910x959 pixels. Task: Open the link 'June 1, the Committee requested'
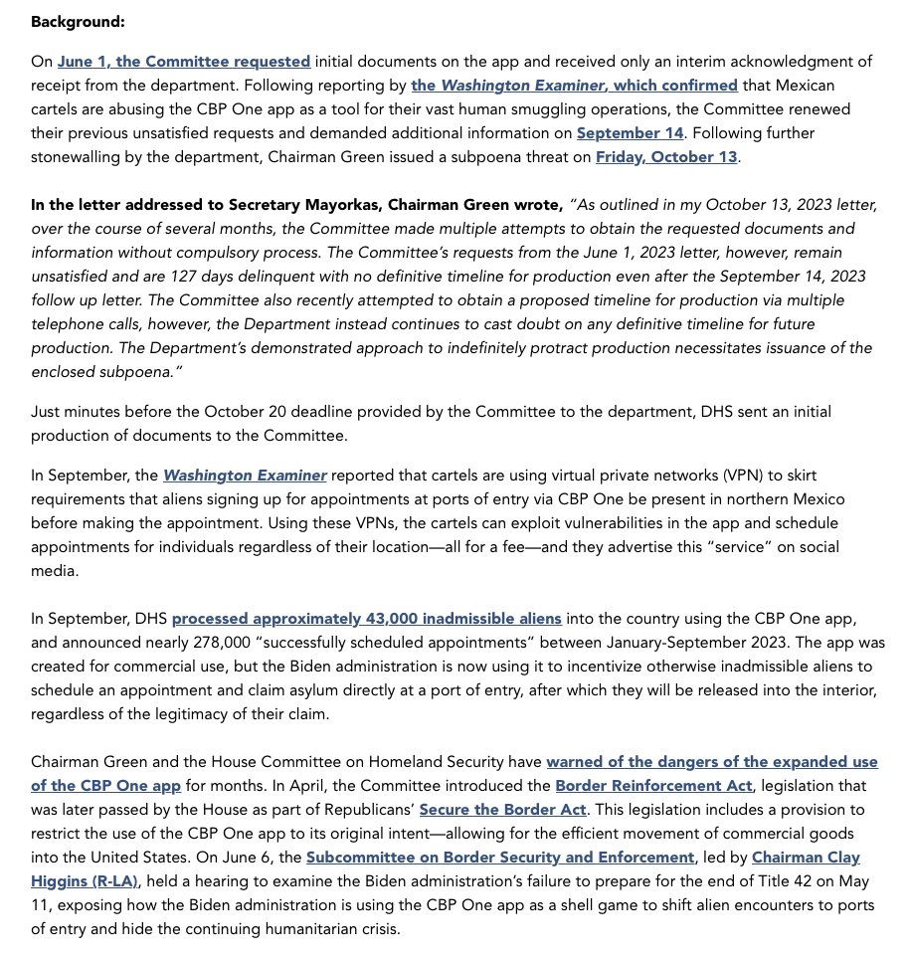(184, 62)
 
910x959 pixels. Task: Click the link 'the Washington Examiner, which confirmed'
(574, 85)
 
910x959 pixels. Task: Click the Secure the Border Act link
(503, 809)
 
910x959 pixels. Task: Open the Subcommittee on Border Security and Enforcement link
(500, 857)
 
